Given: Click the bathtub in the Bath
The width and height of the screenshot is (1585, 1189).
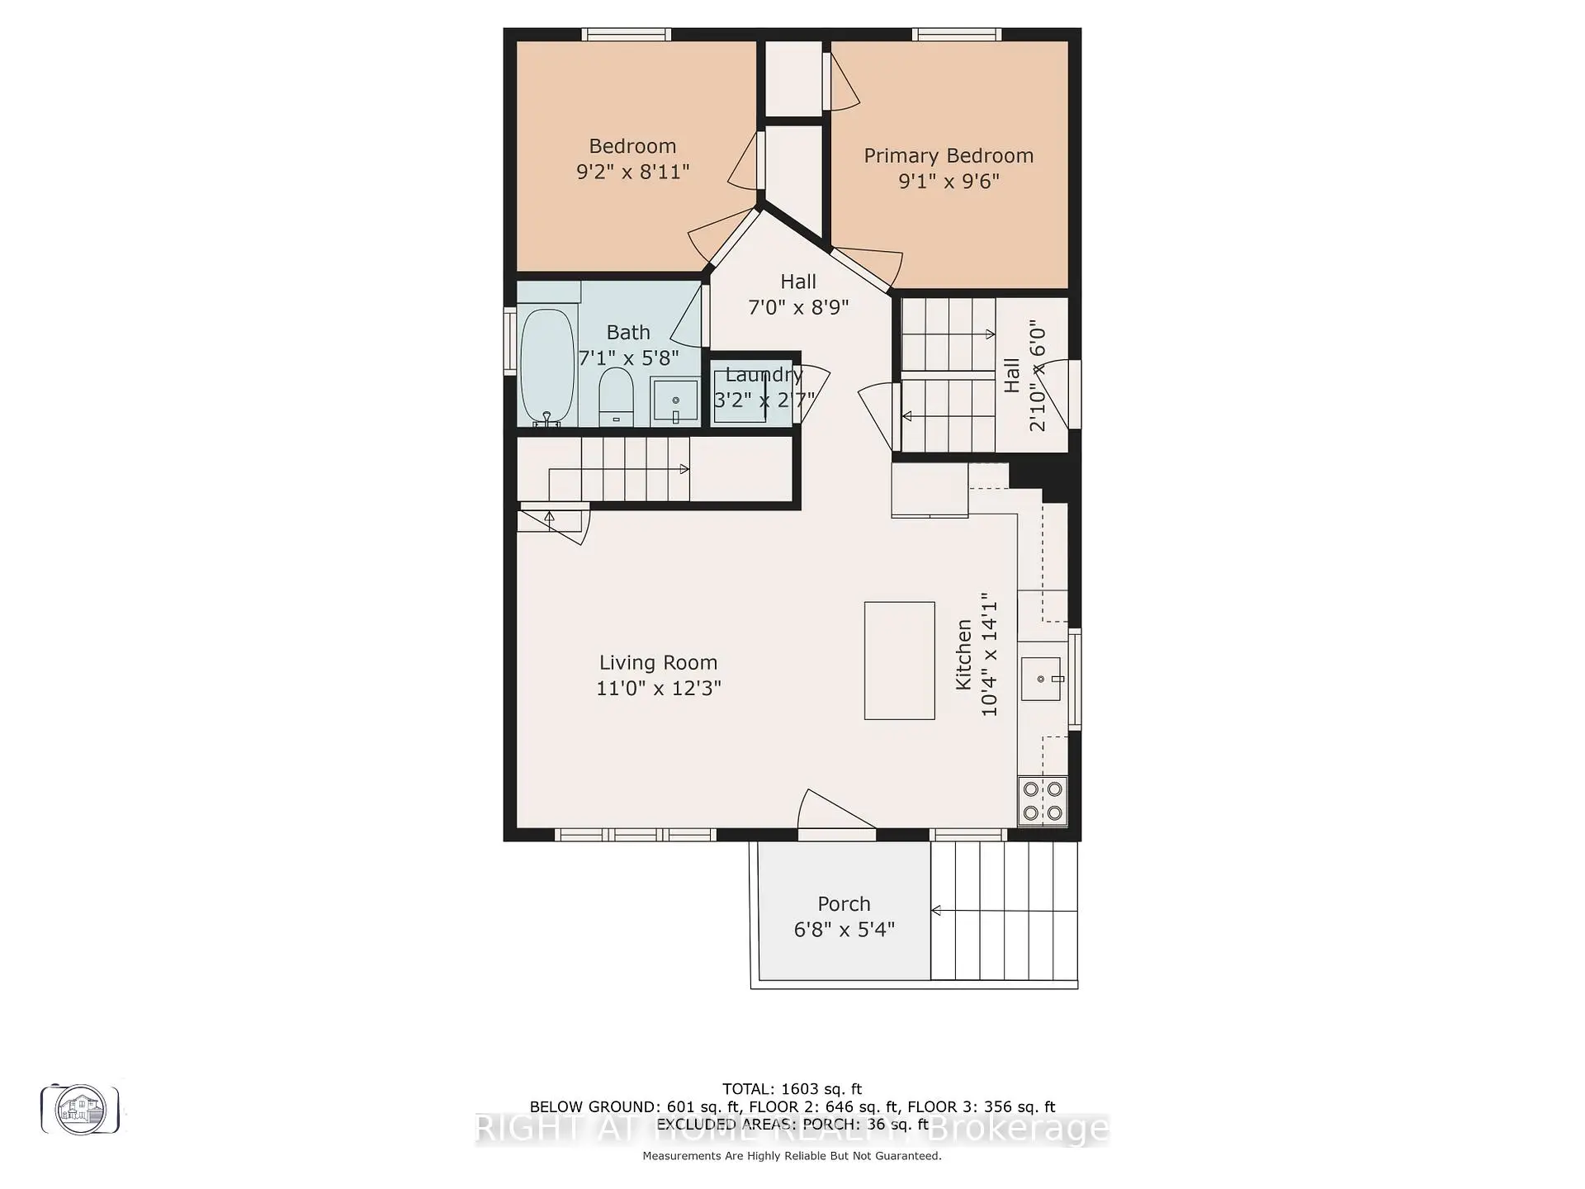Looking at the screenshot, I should click(x=546, y=366).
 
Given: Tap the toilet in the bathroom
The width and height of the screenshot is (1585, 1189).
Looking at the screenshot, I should click(x=615, y=396).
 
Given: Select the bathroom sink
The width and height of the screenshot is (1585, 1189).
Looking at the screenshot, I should click(x=675, y=400).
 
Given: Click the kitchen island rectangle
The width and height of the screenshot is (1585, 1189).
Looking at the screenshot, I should click(x=899, y=661).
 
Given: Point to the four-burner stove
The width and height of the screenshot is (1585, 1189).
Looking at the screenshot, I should click(x=1042, y=801).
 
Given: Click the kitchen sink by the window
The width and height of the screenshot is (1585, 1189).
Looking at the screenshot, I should click(x=1041, y=679).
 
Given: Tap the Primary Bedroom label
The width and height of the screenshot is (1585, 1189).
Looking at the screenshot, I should click(x=949, y=156).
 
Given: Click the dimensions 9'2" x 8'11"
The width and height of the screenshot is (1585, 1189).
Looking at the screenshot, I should click(x=632, y=172).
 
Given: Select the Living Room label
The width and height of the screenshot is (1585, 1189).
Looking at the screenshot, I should click(x=658, y=663).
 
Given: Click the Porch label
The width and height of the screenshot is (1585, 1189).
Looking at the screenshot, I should click(x=844, y=904).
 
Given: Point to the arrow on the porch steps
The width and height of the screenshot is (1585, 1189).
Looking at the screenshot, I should click(x=937, y=911).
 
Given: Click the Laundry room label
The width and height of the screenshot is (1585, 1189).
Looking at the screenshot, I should click(x=764, y=375).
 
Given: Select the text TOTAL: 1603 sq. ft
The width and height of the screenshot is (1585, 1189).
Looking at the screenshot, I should click(x=792, y=1089).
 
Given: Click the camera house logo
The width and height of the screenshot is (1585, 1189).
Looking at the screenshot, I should click(x=80, y=1110).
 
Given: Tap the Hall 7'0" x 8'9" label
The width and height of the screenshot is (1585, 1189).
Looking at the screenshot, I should click(x=797, y=295).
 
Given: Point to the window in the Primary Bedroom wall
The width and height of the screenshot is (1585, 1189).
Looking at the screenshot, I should click(x=957, y=35).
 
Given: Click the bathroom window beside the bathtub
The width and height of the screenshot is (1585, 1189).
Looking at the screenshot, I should click(x=510, y=341).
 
